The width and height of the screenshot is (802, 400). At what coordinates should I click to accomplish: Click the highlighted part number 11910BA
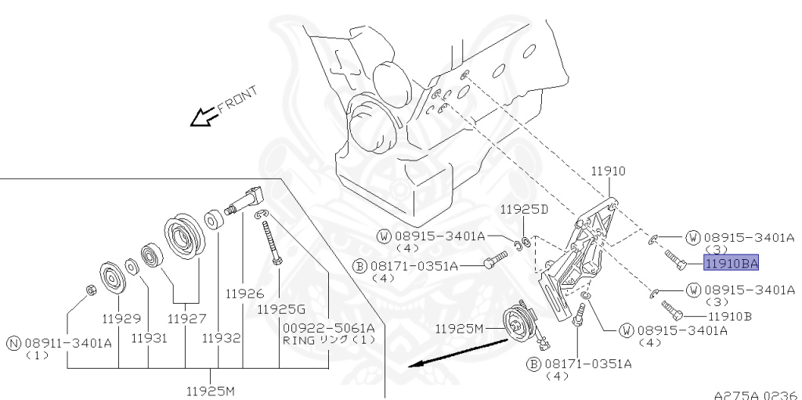[x=731, y=263]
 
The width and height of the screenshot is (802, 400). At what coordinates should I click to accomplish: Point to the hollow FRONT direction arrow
[x=204, y=117]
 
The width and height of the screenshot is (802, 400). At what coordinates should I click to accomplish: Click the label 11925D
[x=524, y=210]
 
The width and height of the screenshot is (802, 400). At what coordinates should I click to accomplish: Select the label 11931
[x=149, y=338]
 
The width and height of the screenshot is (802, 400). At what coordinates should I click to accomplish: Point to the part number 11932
[x=220, y=338]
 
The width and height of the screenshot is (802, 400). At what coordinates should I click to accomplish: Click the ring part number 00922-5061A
[x=329, y=327]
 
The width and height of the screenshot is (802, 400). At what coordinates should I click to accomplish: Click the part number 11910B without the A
[x=729, y=316]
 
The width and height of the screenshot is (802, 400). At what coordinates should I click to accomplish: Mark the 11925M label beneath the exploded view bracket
[x=210, y=390]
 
